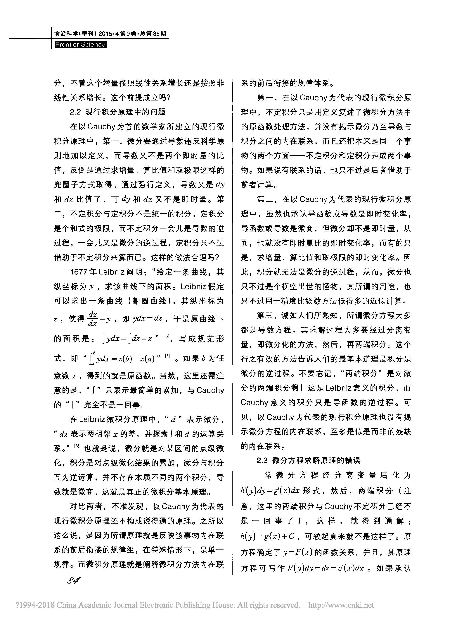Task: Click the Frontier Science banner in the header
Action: (x=80, y=44)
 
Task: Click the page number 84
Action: (x=74, y=580)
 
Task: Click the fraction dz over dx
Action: (x=92, y=319)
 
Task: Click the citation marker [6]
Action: (x=167, y=336)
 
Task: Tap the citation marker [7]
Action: (x=167, y=356)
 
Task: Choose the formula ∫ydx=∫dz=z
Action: (x=127, y=339)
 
